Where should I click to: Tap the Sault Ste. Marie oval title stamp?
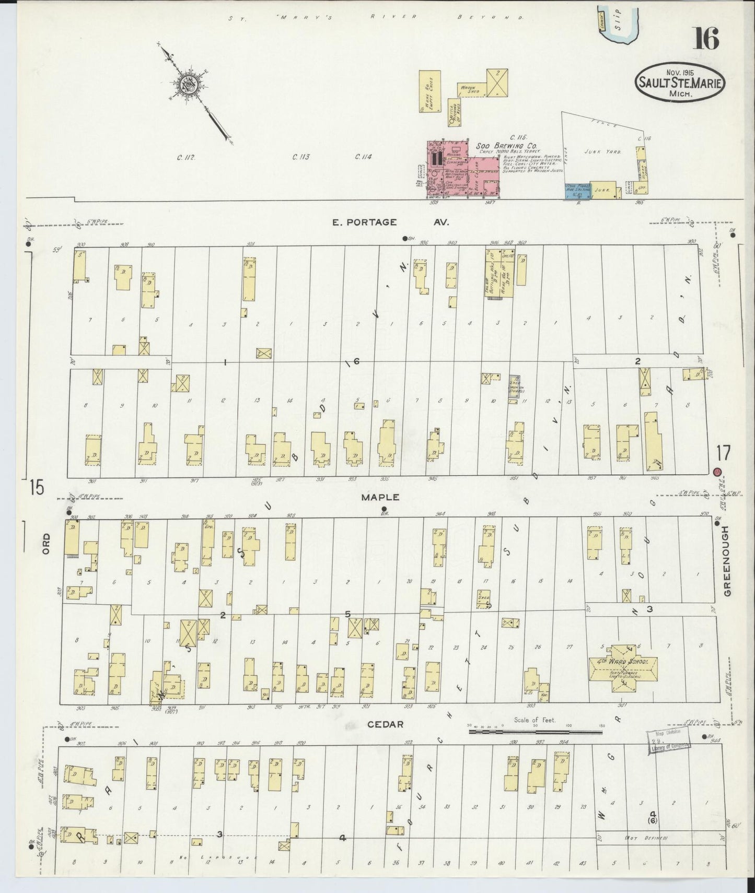[680, 83]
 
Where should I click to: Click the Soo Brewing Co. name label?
[506, 147]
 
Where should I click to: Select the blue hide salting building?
[577, 191]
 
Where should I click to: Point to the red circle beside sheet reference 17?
[718, 472]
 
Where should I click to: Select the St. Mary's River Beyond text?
[376, 17]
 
